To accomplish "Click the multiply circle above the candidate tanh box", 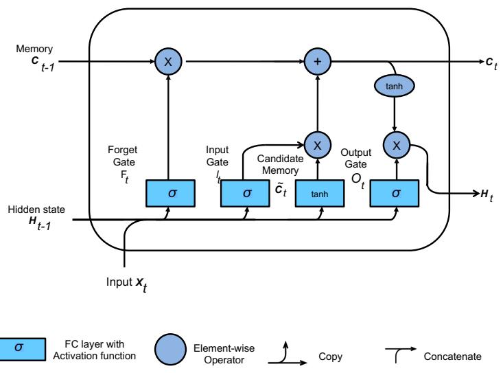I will [317, 144].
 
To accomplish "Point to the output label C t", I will [489, 63].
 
